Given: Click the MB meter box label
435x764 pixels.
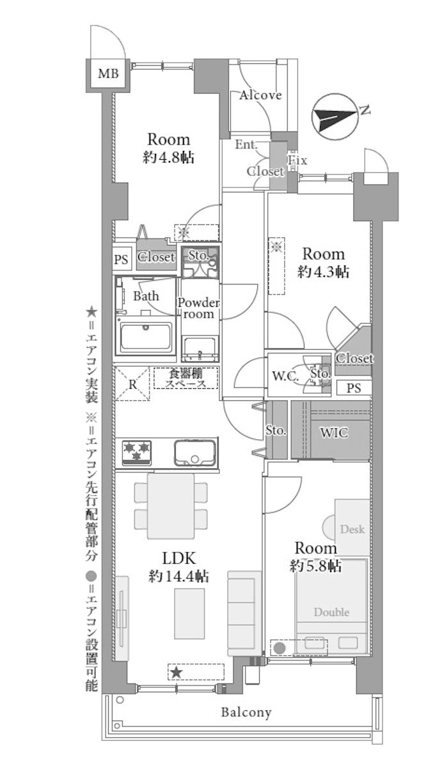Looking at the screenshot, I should click(x=107, y=75).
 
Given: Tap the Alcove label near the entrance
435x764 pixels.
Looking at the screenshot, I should click(x=260, y=95).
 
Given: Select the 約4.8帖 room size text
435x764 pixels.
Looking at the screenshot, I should click(x=169, y=157).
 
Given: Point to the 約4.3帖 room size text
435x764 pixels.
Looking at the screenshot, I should click(x=323, y=272).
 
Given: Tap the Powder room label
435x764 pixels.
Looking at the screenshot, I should click(x=199, y=309).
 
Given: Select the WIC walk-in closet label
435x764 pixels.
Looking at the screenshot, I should click(x=333, y=433).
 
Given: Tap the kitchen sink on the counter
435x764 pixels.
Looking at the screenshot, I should click(x=195, y=453).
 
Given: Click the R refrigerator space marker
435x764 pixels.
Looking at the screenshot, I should click(x=132, y=384).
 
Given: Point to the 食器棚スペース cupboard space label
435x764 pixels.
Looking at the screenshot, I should click(x=186, y=379).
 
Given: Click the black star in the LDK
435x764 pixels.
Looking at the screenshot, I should click(x=177, y=672).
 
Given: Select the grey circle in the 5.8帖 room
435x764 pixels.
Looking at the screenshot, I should click(x=280, y=648).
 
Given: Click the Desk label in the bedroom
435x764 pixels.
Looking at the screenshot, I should click(x=352, y=529).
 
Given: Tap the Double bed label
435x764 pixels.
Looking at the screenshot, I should click(x=331, y=612).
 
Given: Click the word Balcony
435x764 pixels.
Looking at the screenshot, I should click(x=246, y=712).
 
